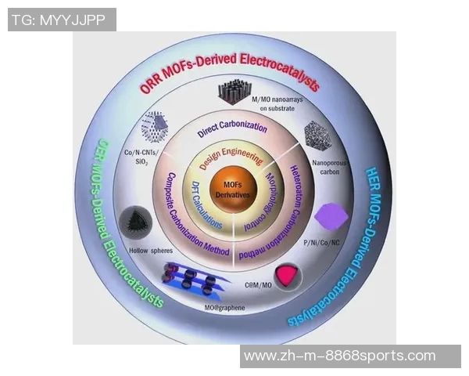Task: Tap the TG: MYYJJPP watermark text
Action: (x=62, y=20)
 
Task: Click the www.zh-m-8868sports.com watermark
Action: (x=339, y=356)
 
